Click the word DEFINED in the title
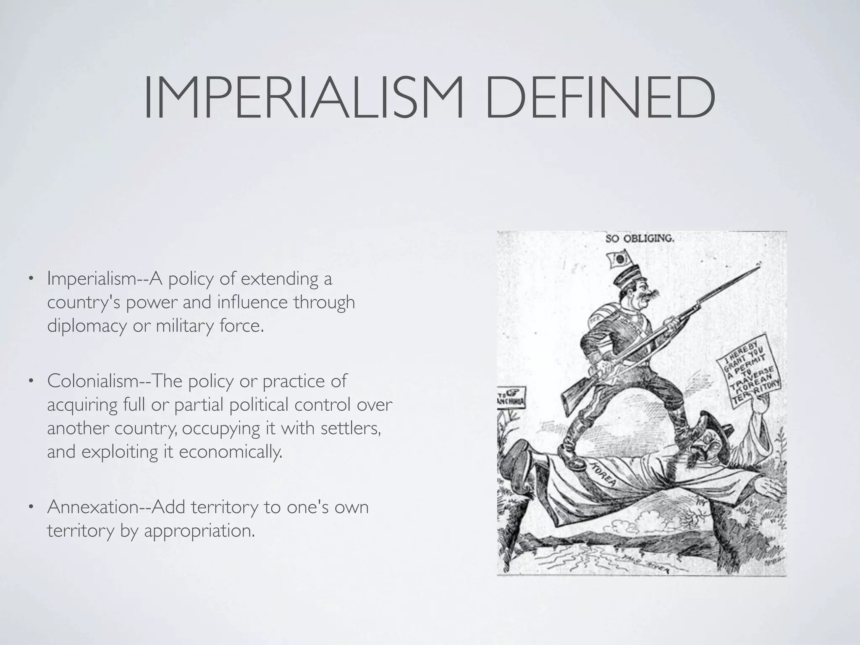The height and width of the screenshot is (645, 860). pyautogui.click(x=600, y=99)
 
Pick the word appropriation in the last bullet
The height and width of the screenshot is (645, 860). pyautogui.click(x=199, y=531)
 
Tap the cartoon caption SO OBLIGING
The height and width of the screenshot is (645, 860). pyautogui.click(x=640, y=239)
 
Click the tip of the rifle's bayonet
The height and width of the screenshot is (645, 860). pyautogui.click(x=760, y=264)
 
